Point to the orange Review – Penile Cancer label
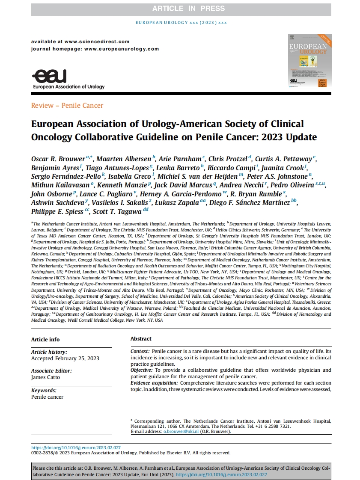click(67, 105)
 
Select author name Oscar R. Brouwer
click(58, 159)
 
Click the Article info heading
click(45, 340)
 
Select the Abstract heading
click(141, 339)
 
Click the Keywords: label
click(44, 391)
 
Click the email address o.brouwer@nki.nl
click(181, 432)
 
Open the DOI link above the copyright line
click(79, 447)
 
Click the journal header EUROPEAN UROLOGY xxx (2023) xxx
click(181, 22)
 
